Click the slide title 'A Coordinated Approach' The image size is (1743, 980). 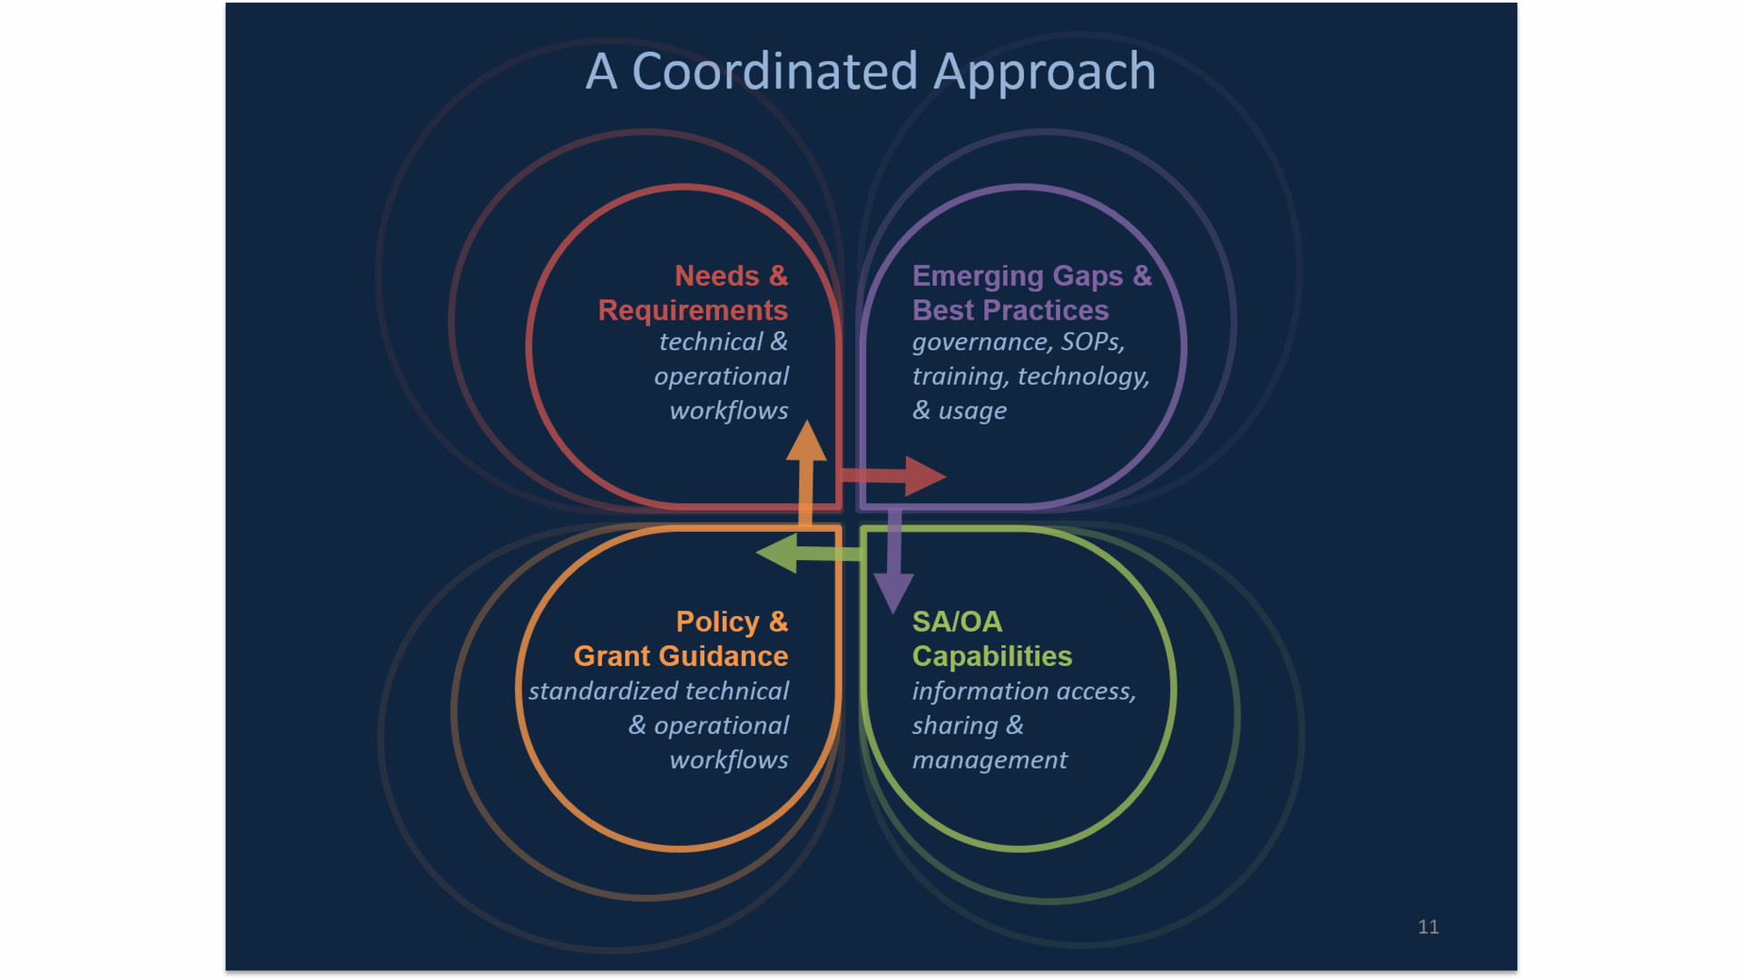[871, 71]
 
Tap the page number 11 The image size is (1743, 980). [1427, 926]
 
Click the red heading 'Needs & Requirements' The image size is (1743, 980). [693, 292]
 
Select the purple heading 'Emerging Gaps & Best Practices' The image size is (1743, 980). [1030, 292]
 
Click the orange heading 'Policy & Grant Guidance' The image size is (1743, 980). [681, 639]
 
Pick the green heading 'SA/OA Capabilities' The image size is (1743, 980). [991, 639]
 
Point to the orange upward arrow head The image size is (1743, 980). [806, 441]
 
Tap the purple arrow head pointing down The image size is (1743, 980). [893, 592]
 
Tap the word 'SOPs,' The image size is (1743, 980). [1093, 342]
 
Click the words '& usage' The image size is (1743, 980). [960, 411]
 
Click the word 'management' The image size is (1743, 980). [990, 760]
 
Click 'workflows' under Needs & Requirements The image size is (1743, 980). [729, 411]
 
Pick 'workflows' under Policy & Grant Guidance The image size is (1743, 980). [729, 760]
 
